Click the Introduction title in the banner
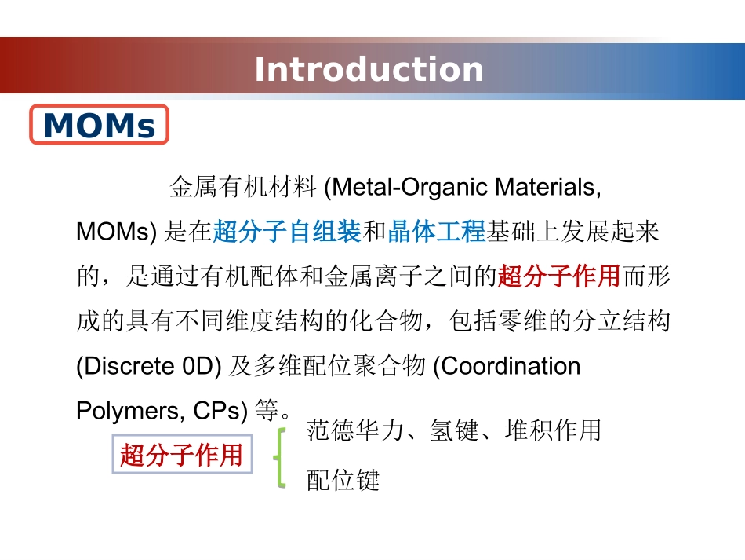[369, 69]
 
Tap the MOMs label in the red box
[100, 125]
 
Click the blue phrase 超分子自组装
[287, 232]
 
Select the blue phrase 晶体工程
[437, 232]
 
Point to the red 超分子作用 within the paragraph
[559, 276]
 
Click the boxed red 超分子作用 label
[182, 455]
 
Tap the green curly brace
[278, 457]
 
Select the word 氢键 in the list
[454, 430]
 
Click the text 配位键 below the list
[343, 480]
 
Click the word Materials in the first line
[549, 188]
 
